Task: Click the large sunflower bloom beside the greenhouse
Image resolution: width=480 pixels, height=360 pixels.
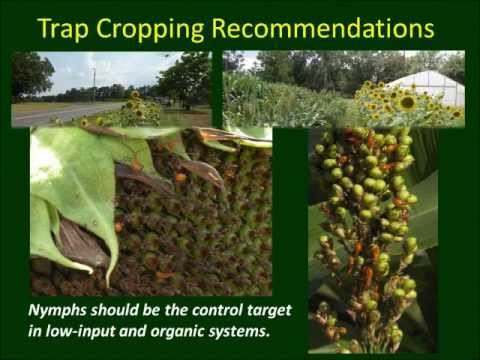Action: (x=407, y=102)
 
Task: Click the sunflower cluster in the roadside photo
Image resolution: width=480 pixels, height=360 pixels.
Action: (x=140, y=107)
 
